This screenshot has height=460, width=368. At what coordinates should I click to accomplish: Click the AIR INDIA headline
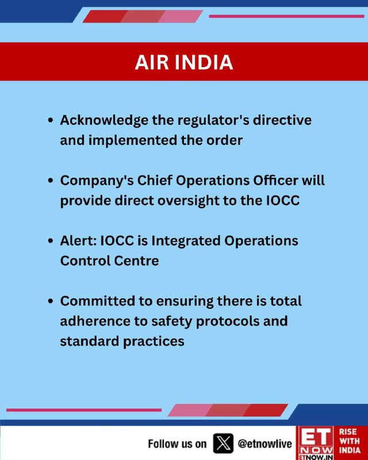(x=184, y=62)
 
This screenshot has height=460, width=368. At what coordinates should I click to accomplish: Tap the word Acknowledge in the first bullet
(x=104, y=121)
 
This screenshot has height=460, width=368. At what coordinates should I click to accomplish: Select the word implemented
(x=133, y=140)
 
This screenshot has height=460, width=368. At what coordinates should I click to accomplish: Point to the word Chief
(x=154, y=181)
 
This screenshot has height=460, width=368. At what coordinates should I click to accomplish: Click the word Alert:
(x=78, y=241)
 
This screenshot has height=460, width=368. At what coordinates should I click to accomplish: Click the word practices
(x=154, y=342)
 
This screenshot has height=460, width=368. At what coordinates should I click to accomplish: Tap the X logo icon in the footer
(x=223, y=443)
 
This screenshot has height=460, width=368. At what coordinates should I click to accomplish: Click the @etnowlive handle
(x=265, y=444)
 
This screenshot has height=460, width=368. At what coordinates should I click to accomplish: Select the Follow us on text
(x=177, y=444)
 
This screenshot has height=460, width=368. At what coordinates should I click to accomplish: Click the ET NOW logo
(x=316, y=443)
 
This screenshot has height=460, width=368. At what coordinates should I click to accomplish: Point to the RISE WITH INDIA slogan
(x=350, y=441)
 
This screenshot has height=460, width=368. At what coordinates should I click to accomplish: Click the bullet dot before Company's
(x=51, y=181)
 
